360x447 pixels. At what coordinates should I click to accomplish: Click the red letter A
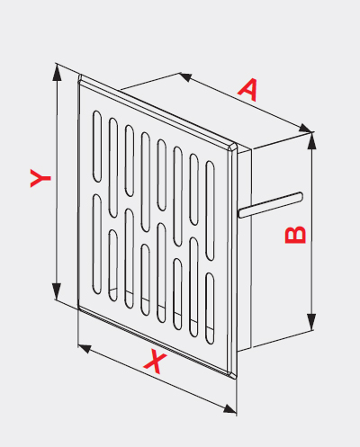pyautogui.click(x=248, y=90)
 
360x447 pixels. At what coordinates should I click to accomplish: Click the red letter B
pyautogui.click(x=295, y=235)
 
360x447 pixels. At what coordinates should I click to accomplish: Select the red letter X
pyautogui.click(x=155, y=361)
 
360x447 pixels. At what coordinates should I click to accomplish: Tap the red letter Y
pyautogui.click(x=40, y=178)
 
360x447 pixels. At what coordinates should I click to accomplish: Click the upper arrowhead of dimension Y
pyautogui.click(x=57, y=73)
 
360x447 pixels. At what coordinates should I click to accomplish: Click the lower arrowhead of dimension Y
pyautogui.click(x=57, y=291)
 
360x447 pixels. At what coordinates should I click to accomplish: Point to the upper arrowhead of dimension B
pyautogui.click(x=312, y=140)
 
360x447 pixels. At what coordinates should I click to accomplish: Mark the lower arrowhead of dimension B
pyautogui.click(x=312, y=322)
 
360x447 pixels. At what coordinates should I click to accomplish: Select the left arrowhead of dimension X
pyautogui.click(x=85, y=349)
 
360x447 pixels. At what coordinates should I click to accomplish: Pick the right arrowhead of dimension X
pyautogui.click(x=229, y=408)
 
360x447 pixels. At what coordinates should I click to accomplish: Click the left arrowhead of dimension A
pyautogui.click(x=186, y=76)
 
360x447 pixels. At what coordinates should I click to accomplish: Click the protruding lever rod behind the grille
pyautogui.click(x=271, y=205)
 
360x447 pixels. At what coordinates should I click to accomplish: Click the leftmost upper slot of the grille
pyautogui.click(x=97, y=147)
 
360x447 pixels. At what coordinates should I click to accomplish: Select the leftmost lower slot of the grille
pyautogui.click(x=97, y=244)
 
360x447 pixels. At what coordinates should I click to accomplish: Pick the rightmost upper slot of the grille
pyautogui.click(x=210, y=210)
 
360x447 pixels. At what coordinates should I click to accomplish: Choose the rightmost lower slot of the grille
pyautogui.click(x=210, y=308)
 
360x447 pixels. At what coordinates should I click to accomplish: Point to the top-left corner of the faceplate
pyautogui.click(x=80, y=76)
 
